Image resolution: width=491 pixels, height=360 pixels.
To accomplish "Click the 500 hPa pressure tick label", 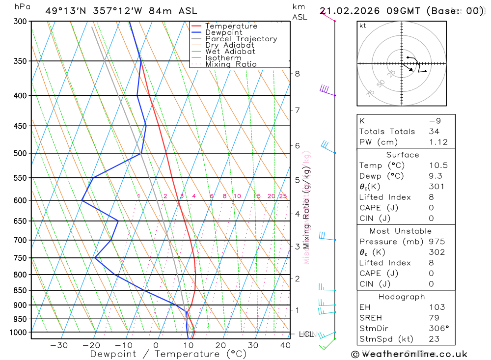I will click(x=21, y=153).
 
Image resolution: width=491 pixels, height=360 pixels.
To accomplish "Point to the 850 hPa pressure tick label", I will click(x=21, y=290).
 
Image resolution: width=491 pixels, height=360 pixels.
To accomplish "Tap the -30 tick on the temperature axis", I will click(x=59, y=345).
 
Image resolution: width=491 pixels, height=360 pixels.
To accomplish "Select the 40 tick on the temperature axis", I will click(x=285, y=345).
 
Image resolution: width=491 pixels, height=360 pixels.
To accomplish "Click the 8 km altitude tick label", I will click(x=297, y=74).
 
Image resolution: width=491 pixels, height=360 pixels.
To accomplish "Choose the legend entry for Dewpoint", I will click(x=224, y=32).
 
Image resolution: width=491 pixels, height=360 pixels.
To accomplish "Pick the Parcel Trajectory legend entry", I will click(x=241, y=39).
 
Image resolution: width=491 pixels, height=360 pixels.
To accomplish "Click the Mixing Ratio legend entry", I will click(x=231, y=64).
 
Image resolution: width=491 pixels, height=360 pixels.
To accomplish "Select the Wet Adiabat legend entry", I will click(x=230, y=52).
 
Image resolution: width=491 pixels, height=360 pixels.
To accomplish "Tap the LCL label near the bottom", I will click(x=306, y=334).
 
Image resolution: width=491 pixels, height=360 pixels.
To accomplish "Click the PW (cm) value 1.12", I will click(x=438, y=142).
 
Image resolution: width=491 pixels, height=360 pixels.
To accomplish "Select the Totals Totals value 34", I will click(x=434, y=131).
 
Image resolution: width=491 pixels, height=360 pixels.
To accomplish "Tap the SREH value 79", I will click(x=434, y=318).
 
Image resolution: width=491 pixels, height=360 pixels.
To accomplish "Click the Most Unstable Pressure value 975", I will click(x=436, y=242).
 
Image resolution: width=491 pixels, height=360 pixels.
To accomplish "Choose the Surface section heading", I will click(x=403, y=155).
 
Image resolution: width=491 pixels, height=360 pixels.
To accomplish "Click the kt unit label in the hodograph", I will click(x=363, y=26).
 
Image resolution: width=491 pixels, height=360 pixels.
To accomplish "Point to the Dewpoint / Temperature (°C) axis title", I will click(x=168, y=354).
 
